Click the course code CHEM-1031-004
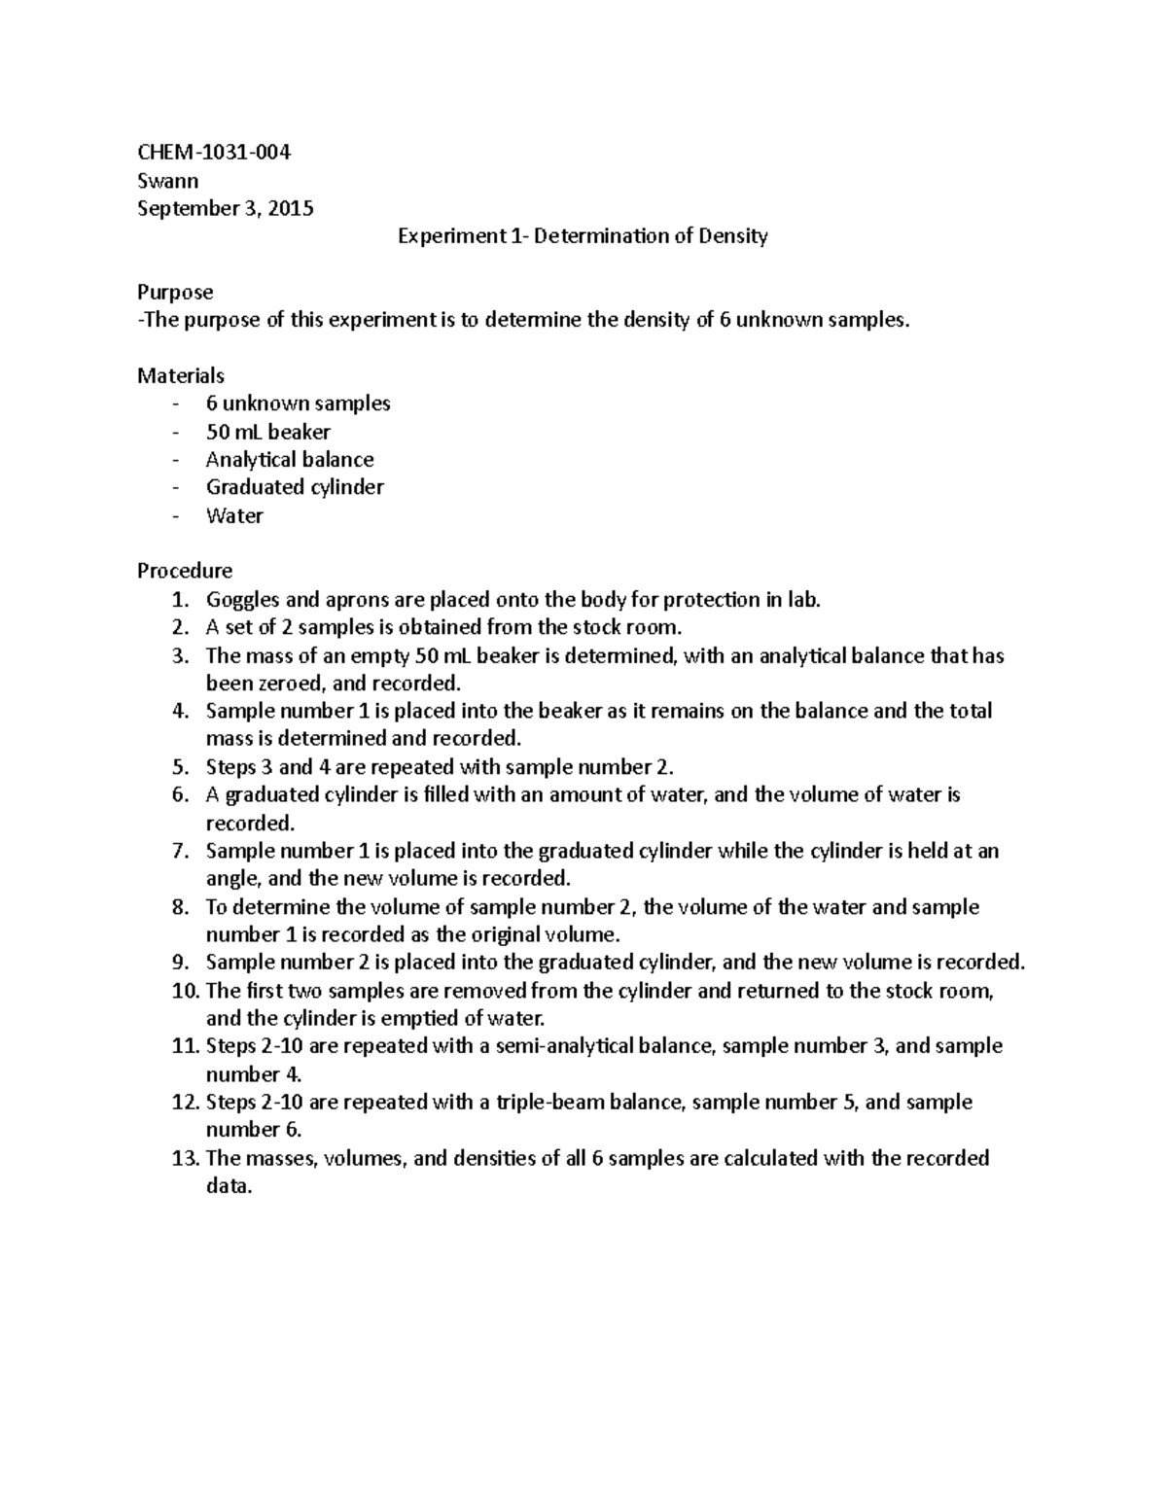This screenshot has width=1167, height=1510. (x=214, y=153)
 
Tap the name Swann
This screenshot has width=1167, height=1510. (x=168, y=181)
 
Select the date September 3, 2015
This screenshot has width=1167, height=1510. (x=226, y=208)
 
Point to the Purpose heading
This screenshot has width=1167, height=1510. (x=175, y=292)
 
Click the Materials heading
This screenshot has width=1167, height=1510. (x=181, y=375)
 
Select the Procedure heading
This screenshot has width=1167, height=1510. (x=185, y=570)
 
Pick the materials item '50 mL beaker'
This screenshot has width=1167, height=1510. (x=268, y=432)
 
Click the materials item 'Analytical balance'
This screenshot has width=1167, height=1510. (x=290, y=459)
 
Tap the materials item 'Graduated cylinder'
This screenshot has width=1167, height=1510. (x=295, y=487)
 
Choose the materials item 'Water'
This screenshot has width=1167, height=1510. (x=234, y=515)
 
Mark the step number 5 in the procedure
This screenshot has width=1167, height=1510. (x=179, y=766)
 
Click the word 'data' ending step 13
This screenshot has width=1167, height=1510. (x=227, y=1186)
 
